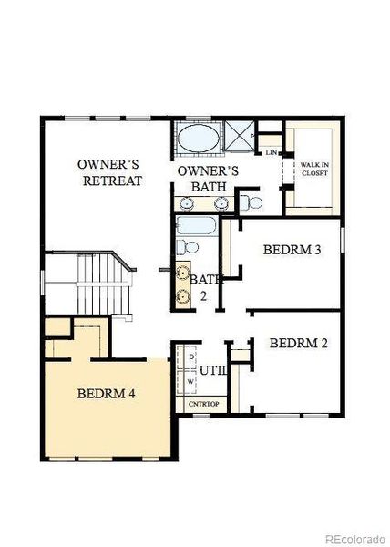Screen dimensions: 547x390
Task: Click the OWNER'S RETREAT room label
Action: coord(108,172)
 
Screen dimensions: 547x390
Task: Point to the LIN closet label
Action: coord(271,152)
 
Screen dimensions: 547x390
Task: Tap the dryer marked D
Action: coord(190,357)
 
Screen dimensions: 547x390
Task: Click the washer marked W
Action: coord(190,380)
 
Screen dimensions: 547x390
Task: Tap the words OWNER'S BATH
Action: coord(208,179)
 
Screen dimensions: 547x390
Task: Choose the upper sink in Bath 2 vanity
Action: coord(183,272)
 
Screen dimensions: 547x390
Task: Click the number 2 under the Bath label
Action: coord(204,296)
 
